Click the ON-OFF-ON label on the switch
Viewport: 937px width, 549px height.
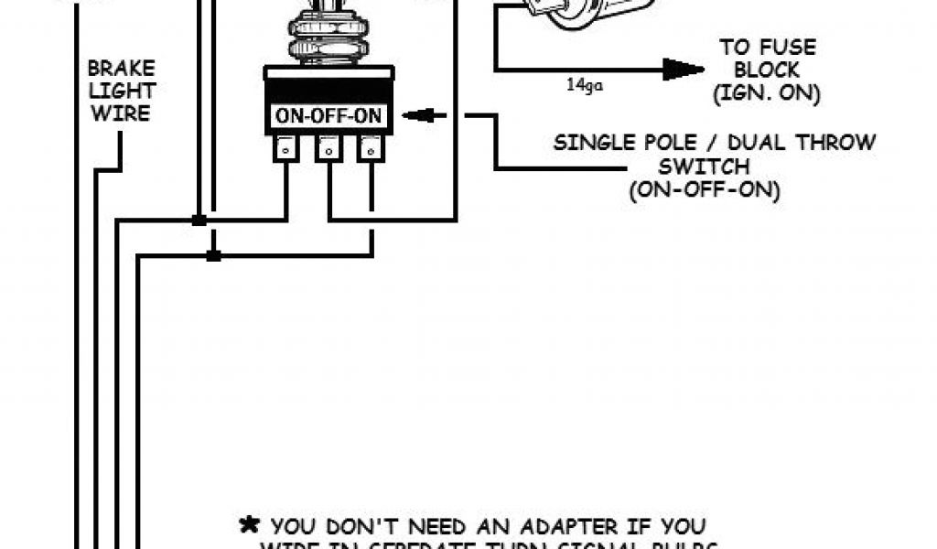328,117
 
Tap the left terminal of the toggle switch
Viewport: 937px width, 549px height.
285,149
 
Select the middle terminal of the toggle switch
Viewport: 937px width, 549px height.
328,149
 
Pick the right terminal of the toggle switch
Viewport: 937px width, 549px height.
371,149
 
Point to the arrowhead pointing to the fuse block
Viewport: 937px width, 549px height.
683,70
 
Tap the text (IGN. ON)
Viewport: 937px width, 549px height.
770,93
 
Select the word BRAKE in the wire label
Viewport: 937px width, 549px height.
121,70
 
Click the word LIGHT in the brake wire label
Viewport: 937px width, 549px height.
122,92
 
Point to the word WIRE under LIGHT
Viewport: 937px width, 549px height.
123,114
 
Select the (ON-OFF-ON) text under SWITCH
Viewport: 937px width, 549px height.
705,190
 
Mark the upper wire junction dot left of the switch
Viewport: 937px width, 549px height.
197,221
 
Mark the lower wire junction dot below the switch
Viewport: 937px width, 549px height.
213,255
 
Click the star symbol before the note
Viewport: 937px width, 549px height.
248,525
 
